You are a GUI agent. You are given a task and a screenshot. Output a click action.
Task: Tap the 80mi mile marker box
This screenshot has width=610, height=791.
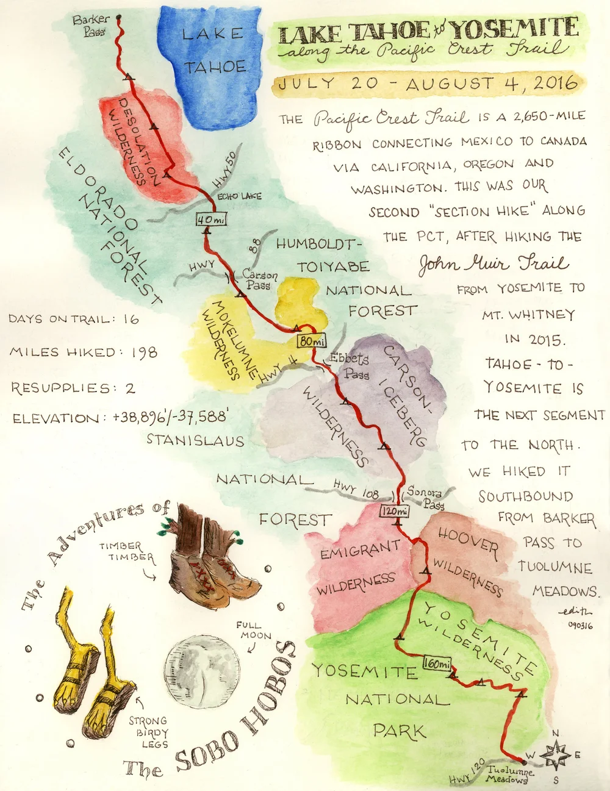(312, 341)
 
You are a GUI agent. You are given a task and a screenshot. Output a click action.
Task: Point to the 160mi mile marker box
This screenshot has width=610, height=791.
(437, 664)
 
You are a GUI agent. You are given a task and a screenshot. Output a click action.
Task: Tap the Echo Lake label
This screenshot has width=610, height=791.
(239, 196)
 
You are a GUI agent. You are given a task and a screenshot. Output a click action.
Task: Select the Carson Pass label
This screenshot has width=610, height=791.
(260, 280)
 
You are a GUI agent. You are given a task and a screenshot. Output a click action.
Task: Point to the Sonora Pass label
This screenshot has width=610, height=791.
(426, 497)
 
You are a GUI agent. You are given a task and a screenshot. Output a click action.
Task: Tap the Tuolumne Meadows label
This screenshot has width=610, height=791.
(509, 775)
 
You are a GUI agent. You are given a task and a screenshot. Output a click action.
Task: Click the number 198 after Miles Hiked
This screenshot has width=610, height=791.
(144, 353)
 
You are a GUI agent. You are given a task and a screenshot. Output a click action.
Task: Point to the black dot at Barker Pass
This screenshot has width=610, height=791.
(118, 17)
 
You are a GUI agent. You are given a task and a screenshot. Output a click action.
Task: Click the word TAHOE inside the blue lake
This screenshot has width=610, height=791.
(215, 66)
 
